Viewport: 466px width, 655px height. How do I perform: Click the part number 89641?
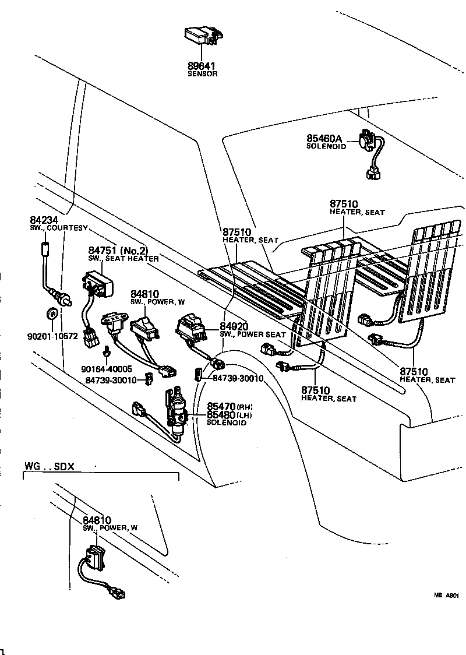[x=202, y=66]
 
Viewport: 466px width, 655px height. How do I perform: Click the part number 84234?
[x=43, y=220]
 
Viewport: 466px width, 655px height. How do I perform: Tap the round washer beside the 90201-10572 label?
[x=51, y=315]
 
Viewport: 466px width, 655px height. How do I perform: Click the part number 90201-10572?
[x=52, y=336]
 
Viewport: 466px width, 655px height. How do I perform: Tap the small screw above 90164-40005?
[x=107, y=353]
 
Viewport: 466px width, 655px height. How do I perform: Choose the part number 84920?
[x=234, y=326]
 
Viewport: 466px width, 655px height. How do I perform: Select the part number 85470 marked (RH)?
[x=221, y=406]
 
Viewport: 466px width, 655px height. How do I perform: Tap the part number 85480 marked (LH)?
[x=221, y=414]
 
